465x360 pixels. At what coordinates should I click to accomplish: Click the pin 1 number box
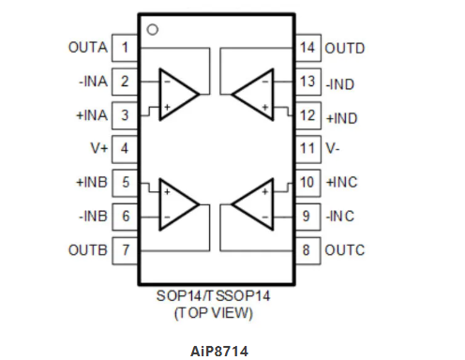[125, 47]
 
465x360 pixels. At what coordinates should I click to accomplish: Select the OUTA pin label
[87, 47]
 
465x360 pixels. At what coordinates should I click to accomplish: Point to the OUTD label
[345, 47]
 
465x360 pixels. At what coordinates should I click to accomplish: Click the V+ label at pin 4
[97, 148]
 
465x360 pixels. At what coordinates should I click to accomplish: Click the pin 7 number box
[125, 250]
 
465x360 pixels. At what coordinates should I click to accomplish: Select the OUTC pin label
[345, 250]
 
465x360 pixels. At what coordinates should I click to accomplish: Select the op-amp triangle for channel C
[251, 202]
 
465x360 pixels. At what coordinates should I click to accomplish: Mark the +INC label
[343, 182]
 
